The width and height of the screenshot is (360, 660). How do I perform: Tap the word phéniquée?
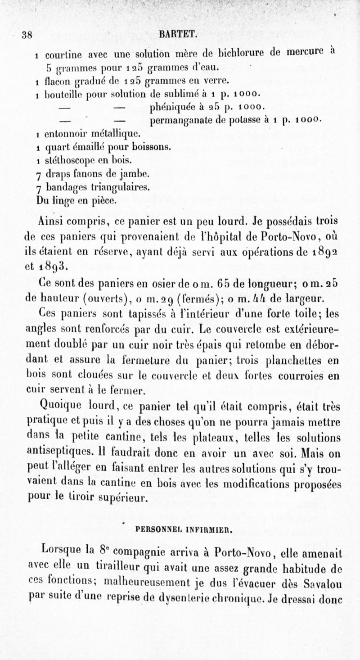pos(171,108)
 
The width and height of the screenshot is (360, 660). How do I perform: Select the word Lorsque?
pos(61,552)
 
